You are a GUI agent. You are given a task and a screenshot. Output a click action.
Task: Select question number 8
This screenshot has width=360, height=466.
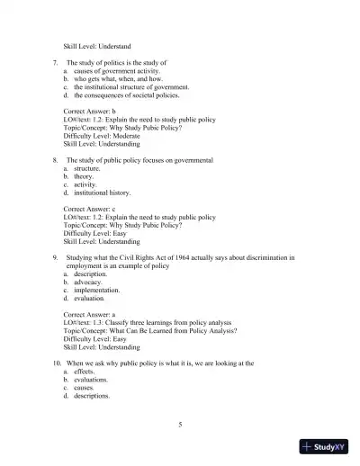(x=56, y=159)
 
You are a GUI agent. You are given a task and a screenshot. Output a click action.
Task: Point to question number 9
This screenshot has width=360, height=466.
(x=56, y=257)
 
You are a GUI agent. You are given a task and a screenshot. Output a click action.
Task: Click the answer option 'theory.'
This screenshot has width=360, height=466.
(x=86, y=175)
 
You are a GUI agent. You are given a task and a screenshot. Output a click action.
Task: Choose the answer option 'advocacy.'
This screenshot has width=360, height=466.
(x=90, y=282)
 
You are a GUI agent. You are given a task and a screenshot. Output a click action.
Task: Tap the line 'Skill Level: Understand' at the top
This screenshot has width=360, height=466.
(x=96, y=45)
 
